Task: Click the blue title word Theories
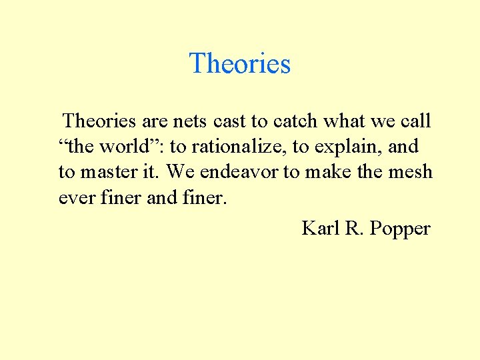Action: (240, 63)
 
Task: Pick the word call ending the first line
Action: (414, 121)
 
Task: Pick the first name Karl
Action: (320, 229)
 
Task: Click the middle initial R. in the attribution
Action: (353, 229)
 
